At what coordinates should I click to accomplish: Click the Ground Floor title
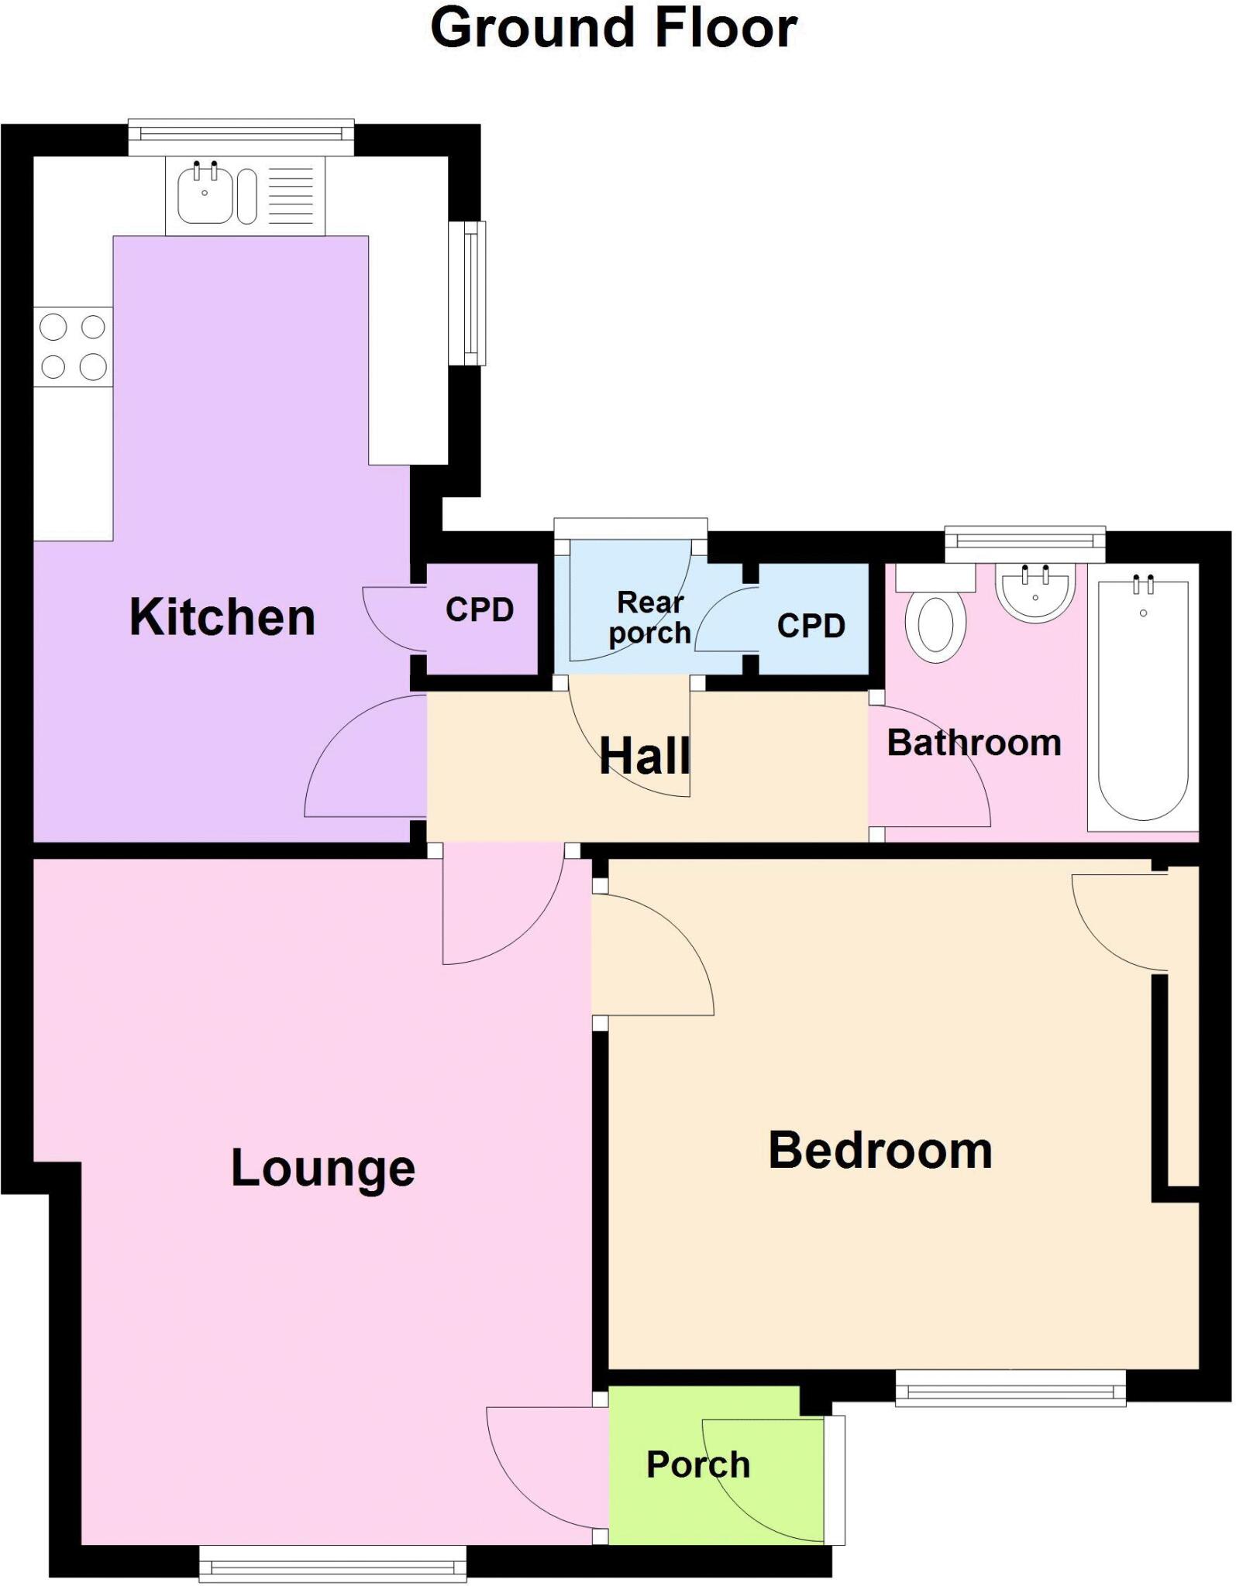click(613, 29)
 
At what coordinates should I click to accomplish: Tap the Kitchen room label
click(222, 617)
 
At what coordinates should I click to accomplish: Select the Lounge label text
click(323, 1169)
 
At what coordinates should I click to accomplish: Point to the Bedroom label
click(880, 1151)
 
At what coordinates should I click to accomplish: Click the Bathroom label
click(973, 743)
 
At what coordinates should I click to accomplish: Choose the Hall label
click(645, 756)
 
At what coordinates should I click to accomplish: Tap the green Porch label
click(698, 1464)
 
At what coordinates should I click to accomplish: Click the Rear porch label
click(649, 617)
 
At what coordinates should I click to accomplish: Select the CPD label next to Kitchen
click(480, 610)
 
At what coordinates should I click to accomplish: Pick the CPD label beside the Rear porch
click(811, 626)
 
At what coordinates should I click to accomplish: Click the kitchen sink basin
click(205, 196)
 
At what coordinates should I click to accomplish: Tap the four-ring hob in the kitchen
click(73, 347)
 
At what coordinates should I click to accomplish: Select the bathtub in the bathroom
click(1143, 697)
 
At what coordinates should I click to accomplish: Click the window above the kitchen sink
click(241, 136)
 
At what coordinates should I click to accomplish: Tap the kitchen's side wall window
click(467, 293)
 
